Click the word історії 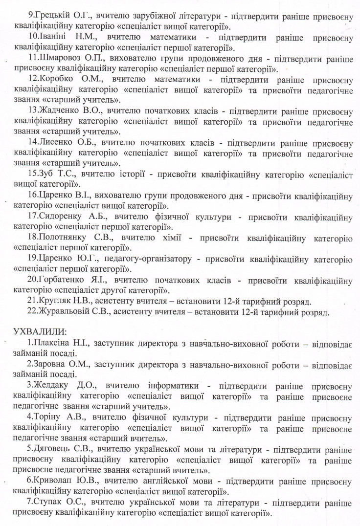point(131,173)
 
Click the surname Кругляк point(54,301)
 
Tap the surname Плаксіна point(49,344)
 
